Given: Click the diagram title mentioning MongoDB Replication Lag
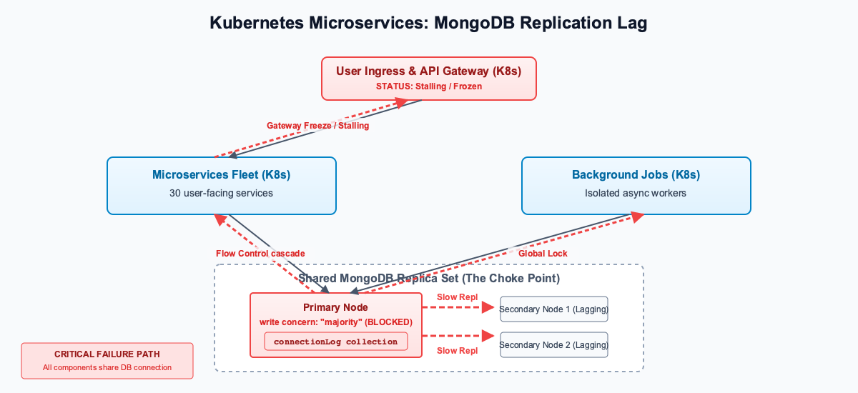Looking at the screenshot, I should (428, 23).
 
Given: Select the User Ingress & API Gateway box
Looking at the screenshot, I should (429, 79).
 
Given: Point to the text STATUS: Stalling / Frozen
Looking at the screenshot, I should (429, 86).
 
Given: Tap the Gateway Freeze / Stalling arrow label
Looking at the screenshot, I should (318, 126).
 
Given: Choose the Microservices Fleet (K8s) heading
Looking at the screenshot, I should (221, 175).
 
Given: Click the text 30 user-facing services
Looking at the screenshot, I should (221, 193).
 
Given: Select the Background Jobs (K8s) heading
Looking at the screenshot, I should (636, 175).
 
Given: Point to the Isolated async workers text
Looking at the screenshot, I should (636, 193).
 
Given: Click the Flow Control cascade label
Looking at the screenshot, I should (260, 254).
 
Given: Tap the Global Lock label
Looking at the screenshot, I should (543, 254).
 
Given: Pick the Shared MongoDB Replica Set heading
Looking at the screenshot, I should (429, 278).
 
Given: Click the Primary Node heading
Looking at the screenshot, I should (335, 307).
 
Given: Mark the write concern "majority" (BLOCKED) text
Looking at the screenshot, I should (335, 322).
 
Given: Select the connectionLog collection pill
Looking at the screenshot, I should (335, 342).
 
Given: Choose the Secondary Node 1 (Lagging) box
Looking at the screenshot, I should (553, 309).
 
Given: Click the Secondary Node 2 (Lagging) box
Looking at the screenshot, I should (553, 345).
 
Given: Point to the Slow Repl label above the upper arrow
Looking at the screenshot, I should (457, 297).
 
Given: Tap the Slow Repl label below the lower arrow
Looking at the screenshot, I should (457, 351).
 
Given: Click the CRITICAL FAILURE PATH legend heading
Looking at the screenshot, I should (107, 354).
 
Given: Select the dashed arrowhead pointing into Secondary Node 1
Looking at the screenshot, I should (490, 307).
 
